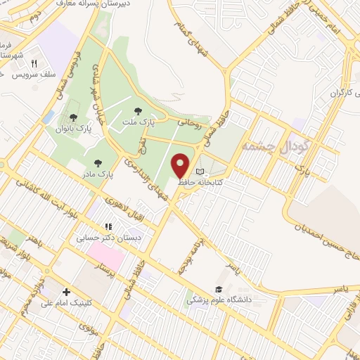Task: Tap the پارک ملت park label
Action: click(139, 123)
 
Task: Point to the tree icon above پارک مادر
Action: click(96, 162)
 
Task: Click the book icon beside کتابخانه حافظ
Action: click(200, 172)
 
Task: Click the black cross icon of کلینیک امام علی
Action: click(66, 292)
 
